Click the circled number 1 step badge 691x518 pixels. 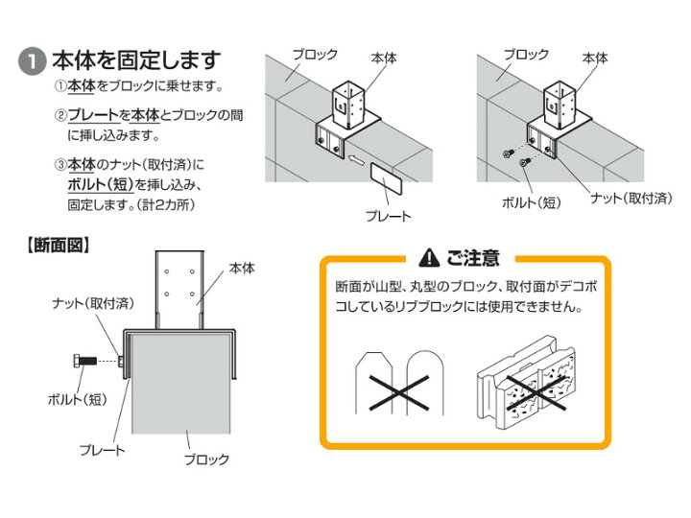(x=31, y=62)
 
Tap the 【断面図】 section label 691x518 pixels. (x=57, y=247)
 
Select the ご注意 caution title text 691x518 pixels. (x=472, y=257)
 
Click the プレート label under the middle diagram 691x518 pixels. (x=389, y=216)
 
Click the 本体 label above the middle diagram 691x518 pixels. (x=383, y=58)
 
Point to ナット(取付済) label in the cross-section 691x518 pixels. (x=92, y=303)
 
